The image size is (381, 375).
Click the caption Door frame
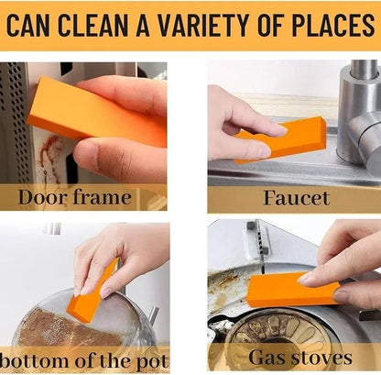(75, 197)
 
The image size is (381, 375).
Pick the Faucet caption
(295, 197)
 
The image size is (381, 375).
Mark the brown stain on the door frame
(51, 151)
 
